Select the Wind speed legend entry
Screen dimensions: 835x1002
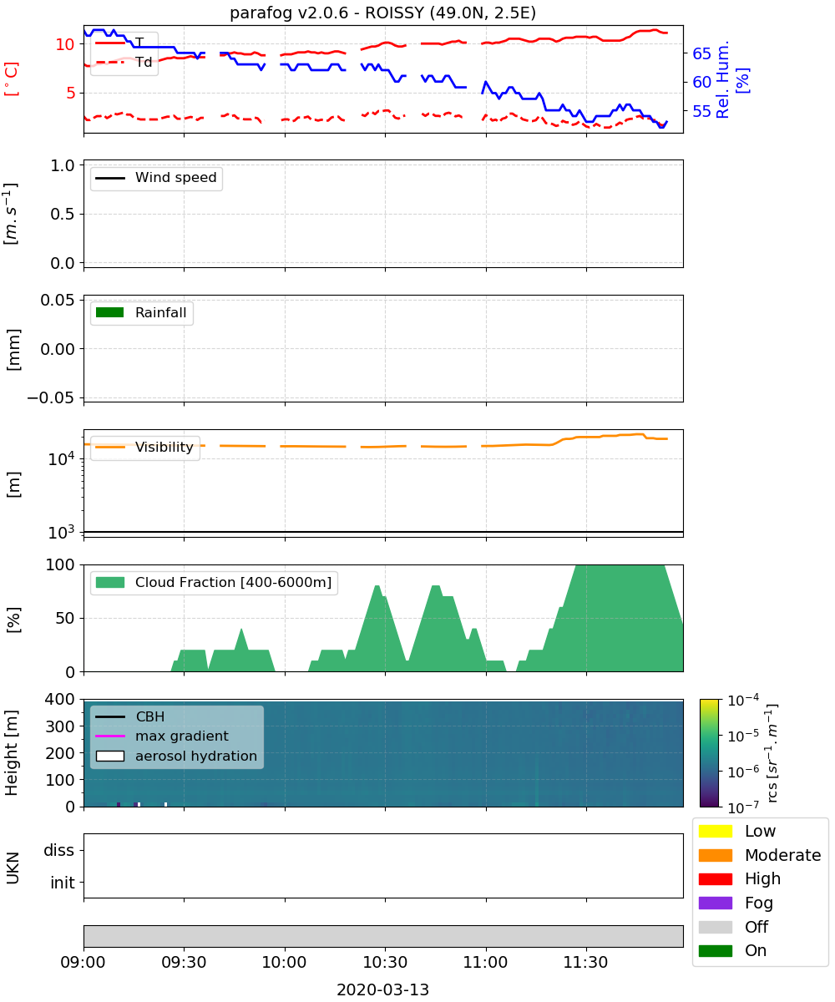[156, 178]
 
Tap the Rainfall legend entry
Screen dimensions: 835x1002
[141, 312]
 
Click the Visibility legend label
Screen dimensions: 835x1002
[164, 447]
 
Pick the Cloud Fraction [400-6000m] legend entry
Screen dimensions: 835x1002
[214, 582]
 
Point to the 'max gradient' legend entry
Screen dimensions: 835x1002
[162, 736]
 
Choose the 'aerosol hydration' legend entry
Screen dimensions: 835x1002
[176, 756]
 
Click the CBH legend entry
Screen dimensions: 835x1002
[130, 716]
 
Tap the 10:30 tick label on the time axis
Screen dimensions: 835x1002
[385, 962]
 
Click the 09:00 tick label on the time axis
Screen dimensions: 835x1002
[83, 962]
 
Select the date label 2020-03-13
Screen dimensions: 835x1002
[383, 989]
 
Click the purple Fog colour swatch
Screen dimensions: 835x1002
[715, 903]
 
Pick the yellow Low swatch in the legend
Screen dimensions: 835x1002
[715, 831]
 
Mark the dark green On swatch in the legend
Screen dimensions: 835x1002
[715, 951]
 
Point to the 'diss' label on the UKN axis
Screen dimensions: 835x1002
[58, 850]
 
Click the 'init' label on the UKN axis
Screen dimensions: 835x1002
[63, 883]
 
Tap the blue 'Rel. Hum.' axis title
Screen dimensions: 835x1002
[722, 79]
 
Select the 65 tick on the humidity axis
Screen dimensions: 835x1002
[701, 53]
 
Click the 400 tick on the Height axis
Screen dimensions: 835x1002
[59, 699]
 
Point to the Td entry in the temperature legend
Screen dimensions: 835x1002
[124, 62]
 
